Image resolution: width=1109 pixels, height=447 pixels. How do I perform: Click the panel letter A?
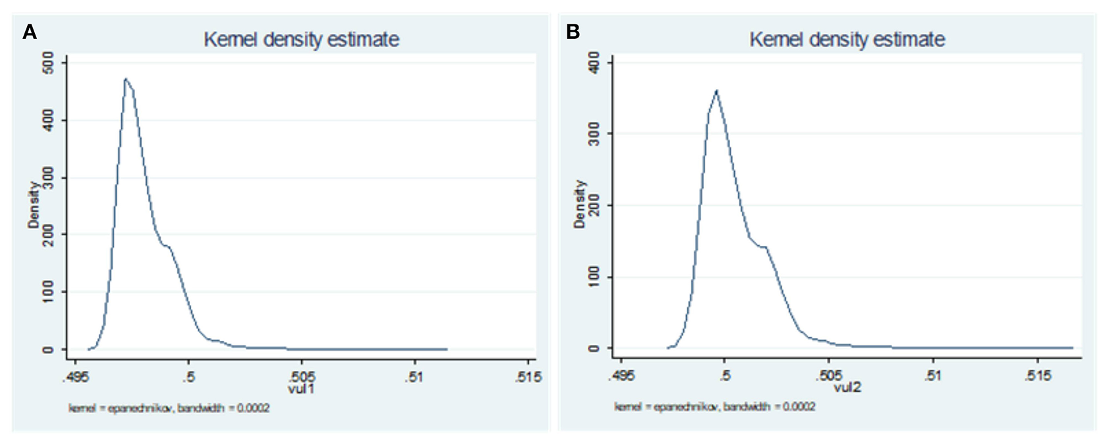30,32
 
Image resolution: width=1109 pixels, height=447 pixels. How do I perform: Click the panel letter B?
573,32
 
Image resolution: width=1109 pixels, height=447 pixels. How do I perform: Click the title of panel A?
301,40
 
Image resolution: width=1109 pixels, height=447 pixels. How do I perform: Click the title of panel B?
847,40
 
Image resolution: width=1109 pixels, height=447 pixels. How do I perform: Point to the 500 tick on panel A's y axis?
48,63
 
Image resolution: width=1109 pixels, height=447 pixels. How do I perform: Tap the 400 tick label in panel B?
594,63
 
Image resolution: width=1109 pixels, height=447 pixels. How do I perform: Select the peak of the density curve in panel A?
125,78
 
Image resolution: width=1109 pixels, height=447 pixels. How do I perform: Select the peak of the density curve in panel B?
716,90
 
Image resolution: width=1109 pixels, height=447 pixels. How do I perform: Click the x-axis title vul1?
301,389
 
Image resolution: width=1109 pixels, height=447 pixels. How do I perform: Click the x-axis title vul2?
847,388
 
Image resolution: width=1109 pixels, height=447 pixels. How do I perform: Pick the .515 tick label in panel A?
528,377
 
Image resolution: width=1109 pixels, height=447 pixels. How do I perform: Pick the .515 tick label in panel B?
1037,376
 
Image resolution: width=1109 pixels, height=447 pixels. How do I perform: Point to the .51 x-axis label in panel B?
932,376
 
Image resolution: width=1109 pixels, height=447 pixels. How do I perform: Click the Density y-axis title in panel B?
579,204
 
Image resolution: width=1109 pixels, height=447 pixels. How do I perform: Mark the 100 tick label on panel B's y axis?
594,277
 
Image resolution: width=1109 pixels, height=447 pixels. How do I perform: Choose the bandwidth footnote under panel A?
169,409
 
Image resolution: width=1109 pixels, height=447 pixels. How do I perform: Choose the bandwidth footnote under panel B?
715,407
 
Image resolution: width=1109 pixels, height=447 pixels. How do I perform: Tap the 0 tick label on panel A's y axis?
48,349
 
